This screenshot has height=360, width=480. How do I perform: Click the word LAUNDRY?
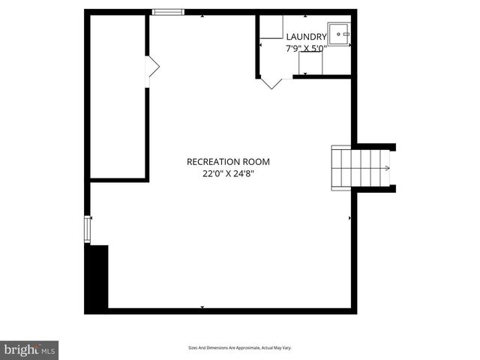pos(306,37)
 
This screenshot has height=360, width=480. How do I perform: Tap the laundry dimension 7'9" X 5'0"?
pos(306,49)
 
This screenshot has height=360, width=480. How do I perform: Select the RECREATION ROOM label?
pos(228,161)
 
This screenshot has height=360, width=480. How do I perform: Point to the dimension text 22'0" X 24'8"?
pos(228,174)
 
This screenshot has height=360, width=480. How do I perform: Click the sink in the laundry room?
pos(340,34)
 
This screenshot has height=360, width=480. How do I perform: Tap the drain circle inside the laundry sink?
pos(346,34)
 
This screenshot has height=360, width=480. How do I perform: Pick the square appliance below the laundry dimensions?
pos(310,63)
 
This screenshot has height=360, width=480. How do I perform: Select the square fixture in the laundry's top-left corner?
pos(271,27)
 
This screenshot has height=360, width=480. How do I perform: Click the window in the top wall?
pos(168,12)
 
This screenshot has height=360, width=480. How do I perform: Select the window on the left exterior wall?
pos(88,229)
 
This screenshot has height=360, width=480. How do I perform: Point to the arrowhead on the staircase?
pos(388,168)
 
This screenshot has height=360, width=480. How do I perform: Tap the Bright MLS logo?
pos(29,349)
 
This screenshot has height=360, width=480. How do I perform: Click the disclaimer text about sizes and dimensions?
pos(239,348)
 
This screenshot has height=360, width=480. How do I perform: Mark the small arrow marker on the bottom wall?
pos(202,307)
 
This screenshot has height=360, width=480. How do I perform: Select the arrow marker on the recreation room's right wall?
pos(349,218)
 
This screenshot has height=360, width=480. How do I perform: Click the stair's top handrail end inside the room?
pos(334,149)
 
